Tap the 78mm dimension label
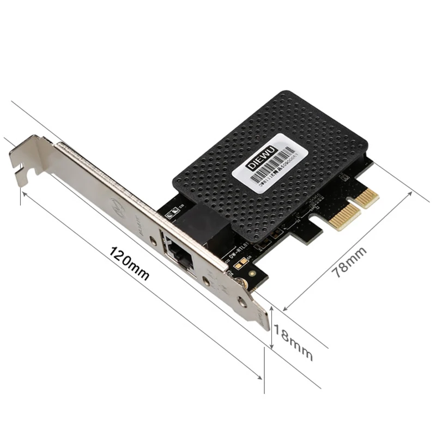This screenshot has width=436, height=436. point(349,262)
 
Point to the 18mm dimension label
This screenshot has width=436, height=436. point(294,342)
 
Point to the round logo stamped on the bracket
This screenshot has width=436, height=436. point(118,207)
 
